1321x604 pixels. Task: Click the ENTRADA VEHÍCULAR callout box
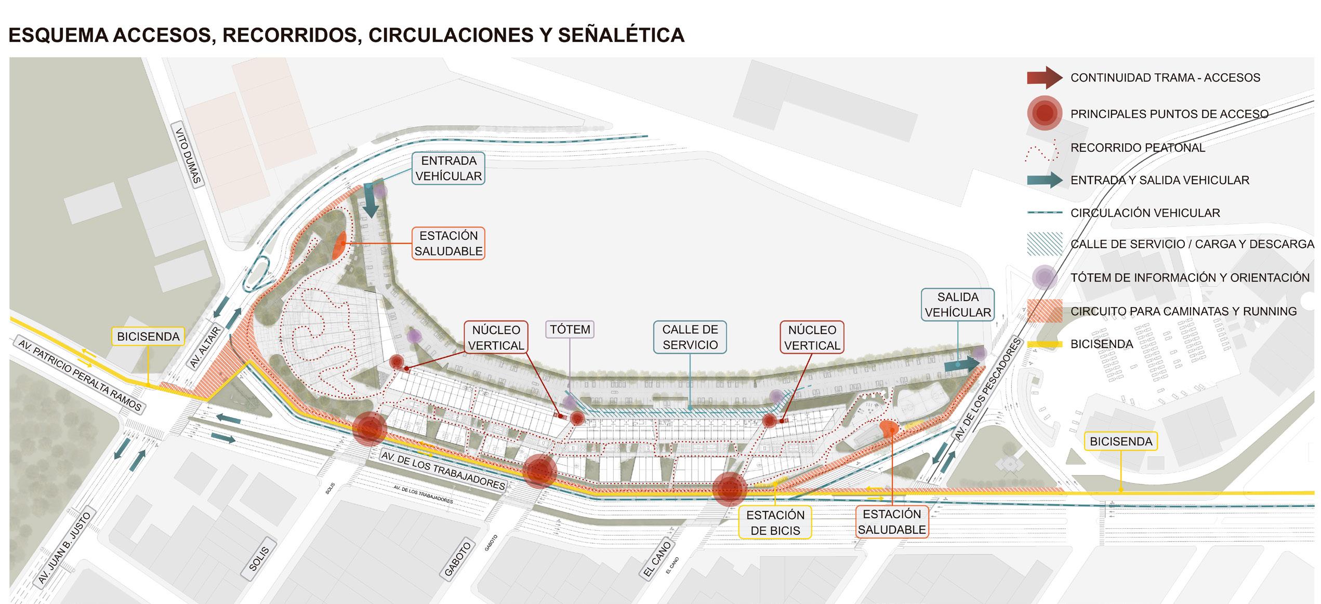click(448, 168)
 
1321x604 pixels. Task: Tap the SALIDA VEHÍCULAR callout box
click(957, 304)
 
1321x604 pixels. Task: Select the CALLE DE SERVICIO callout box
click(690, 337)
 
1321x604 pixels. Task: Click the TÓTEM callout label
click(570, 329)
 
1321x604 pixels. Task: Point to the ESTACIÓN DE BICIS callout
click(775, 522)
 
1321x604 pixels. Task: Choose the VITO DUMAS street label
click(188, 156)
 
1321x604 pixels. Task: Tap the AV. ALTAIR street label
click(205, 347)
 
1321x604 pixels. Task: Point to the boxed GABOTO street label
click(458, 559)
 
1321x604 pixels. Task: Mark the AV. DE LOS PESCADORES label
click(988, 390)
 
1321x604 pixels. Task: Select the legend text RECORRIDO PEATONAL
click(1137, 147)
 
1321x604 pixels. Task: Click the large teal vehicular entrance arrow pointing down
click(371, 203)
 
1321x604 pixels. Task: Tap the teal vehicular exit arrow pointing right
click(961, 365)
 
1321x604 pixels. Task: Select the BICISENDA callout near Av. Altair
click(148, 337)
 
